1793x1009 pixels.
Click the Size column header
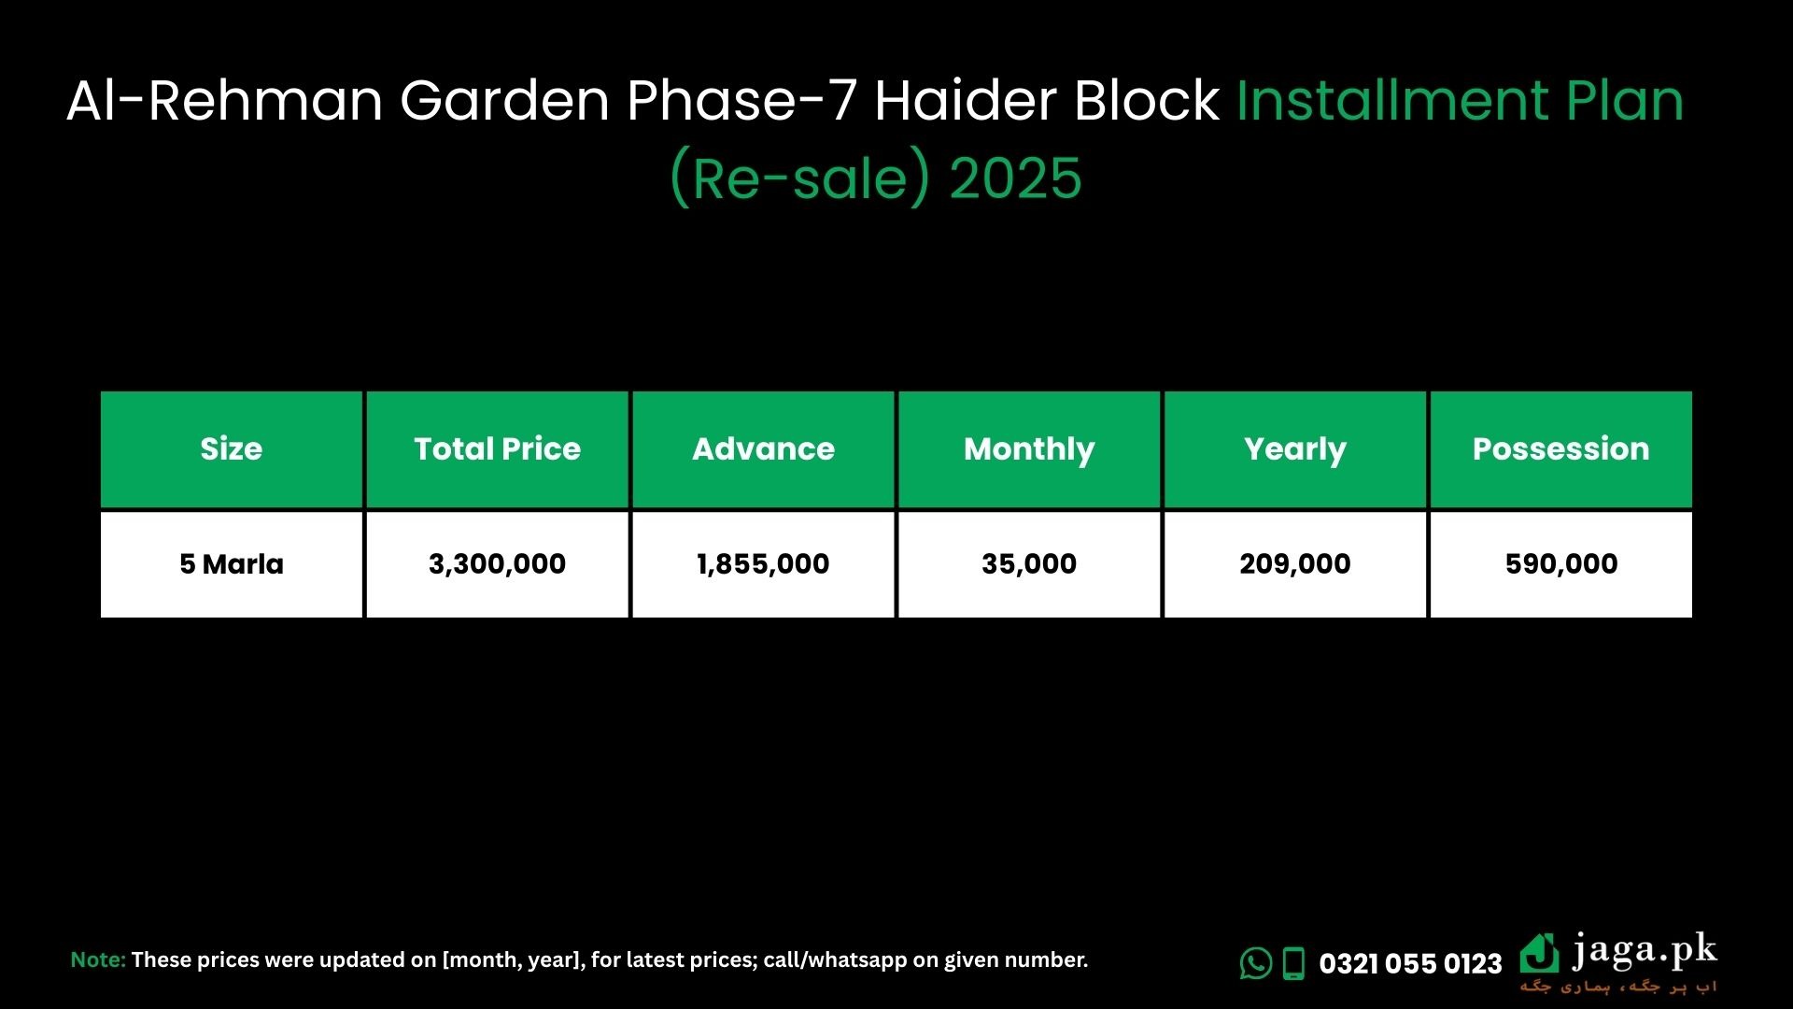232,449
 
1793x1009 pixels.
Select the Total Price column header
497,449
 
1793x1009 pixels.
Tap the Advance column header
763,449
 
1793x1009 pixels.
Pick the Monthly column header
1029,449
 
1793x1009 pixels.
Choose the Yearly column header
1295,449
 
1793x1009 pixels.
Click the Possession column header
1561,449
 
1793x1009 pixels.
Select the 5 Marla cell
232,564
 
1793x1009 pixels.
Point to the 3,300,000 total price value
497,564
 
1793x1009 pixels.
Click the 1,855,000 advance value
763,564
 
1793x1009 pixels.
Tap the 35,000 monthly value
1029,564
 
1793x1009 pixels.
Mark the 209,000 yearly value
1295,564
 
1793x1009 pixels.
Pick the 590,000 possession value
1561,564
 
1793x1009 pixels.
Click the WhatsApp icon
1256,963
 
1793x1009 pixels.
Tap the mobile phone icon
1293,963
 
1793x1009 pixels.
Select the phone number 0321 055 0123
1410,963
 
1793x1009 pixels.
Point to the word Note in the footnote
98,959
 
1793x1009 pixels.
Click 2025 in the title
1015,178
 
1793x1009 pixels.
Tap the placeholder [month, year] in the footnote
510,960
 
